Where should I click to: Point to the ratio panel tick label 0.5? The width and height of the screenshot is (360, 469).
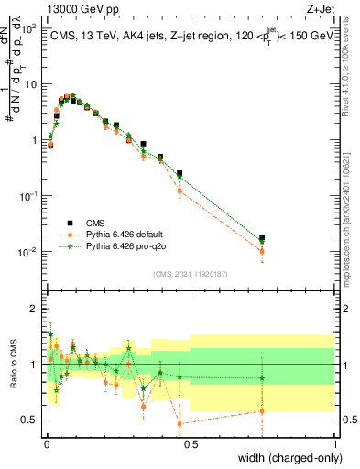[x=29, y=420]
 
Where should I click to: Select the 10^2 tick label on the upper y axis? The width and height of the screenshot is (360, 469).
[x=30, y=28]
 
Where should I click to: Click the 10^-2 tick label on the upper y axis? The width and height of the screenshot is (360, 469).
[x=28, y=252]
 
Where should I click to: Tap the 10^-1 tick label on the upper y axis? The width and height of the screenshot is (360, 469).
[x=28, y=196]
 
